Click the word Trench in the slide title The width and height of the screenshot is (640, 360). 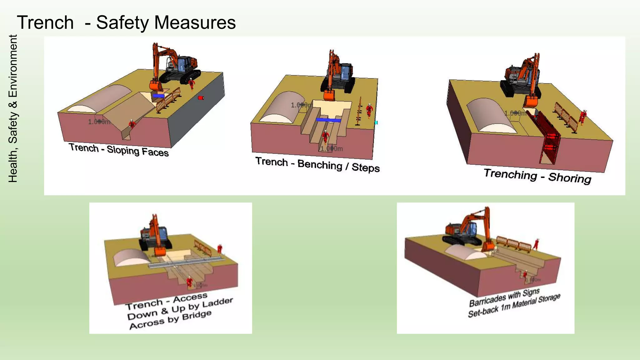click(45, 23)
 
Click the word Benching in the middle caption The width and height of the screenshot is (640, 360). click(320, 164)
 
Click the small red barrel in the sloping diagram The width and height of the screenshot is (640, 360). click(201, 98)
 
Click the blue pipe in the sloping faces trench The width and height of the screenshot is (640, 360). click(158, 96)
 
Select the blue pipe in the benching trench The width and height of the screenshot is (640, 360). click(328, 120)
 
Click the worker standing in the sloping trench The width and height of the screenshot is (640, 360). click(132, 124)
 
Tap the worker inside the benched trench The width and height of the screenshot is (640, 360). click(325, 136)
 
